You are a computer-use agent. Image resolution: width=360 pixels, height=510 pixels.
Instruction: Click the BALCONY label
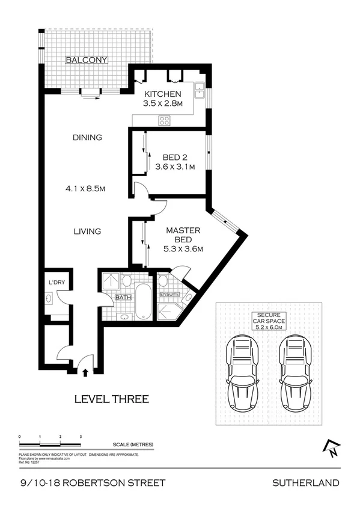(87, 60)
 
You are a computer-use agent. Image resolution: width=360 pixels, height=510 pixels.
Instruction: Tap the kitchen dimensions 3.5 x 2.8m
(162, 104)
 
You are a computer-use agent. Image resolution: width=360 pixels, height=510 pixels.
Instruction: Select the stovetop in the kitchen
(165, 120)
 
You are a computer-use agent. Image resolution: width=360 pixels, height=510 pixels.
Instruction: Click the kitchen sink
(200, 91)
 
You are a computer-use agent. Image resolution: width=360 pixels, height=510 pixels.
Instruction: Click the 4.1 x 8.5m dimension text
(87, 189)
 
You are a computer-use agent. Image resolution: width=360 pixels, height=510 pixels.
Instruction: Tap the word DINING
(87, 137)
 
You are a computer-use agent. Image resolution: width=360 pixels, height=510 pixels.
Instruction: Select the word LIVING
(87, 231)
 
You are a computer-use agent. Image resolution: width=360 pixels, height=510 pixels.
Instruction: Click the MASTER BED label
(183, 235)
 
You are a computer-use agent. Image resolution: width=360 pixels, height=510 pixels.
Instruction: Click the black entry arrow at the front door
(85, 372)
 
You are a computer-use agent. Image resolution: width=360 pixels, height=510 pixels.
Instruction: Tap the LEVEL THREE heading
(111, 398)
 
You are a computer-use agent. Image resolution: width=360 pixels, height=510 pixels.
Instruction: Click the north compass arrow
(330, 447)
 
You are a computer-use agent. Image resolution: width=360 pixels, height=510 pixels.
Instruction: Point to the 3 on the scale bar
(81, 435)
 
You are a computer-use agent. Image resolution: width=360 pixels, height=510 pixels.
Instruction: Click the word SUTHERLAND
(306, 482)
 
